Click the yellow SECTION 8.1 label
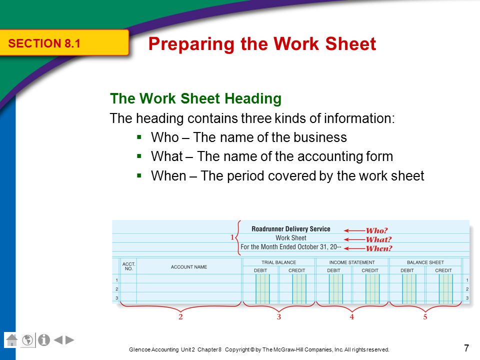44,43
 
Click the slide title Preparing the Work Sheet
262,44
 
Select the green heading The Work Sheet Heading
195,98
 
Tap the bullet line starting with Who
248,137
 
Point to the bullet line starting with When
287,176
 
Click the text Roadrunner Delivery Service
290,229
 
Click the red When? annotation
378,248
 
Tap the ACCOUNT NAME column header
188,267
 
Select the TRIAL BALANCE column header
278,262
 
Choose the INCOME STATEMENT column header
351,262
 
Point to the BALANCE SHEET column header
425,262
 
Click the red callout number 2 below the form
180,317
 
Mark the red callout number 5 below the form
425,317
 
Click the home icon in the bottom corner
12,340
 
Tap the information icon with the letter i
44,340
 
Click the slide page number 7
466,348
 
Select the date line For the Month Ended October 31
291,247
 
